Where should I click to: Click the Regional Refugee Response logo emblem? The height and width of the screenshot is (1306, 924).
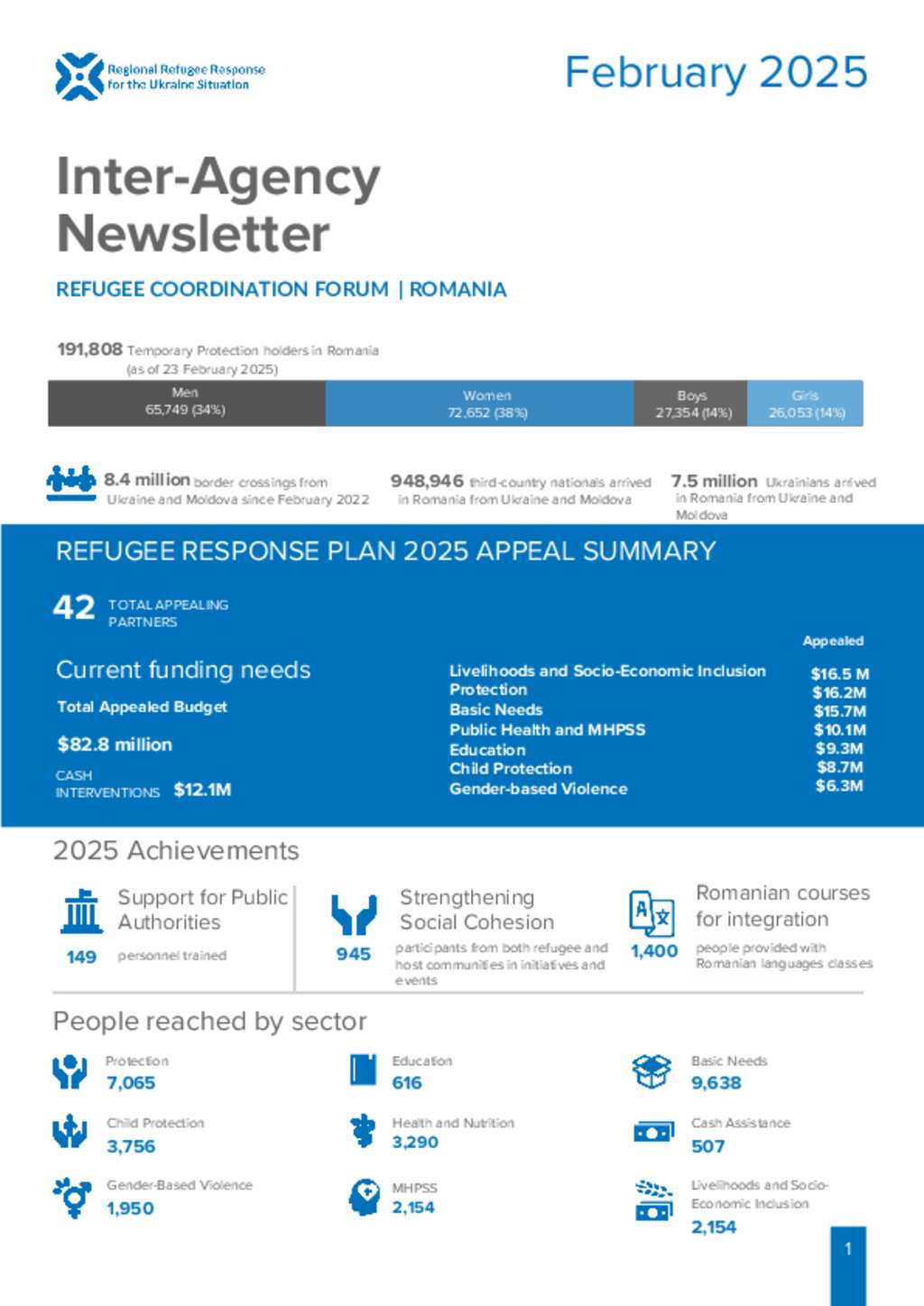[79, 77]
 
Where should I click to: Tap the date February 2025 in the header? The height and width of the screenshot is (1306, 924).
[716, 73]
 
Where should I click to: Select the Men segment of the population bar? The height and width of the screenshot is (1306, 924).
[186, 403]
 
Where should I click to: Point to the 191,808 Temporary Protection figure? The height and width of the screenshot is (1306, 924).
[89, 349]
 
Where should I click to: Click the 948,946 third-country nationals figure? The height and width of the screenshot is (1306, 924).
[427, 481]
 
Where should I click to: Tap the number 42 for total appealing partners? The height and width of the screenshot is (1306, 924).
[74, 607]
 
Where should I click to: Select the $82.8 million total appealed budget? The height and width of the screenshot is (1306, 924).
[115, 745]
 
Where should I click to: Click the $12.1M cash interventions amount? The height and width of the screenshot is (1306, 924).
[202, 790]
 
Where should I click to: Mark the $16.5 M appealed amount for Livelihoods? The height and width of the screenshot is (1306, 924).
[839, 673]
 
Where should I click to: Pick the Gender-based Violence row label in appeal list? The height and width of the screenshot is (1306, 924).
[538, 788]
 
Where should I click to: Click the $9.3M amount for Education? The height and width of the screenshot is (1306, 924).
[839, 748]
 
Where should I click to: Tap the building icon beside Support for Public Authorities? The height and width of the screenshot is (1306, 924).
[82, 912]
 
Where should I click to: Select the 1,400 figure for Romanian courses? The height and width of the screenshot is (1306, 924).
[654, 951]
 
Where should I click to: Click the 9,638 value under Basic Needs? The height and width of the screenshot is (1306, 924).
[716, 1082]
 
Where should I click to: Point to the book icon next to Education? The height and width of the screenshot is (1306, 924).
[363, 1070]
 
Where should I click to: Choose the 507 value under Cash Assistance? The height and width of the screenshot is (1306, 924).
[707, 1146]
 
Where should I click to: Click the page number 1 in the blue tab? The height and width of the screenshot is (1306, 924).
[848, 1249]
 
